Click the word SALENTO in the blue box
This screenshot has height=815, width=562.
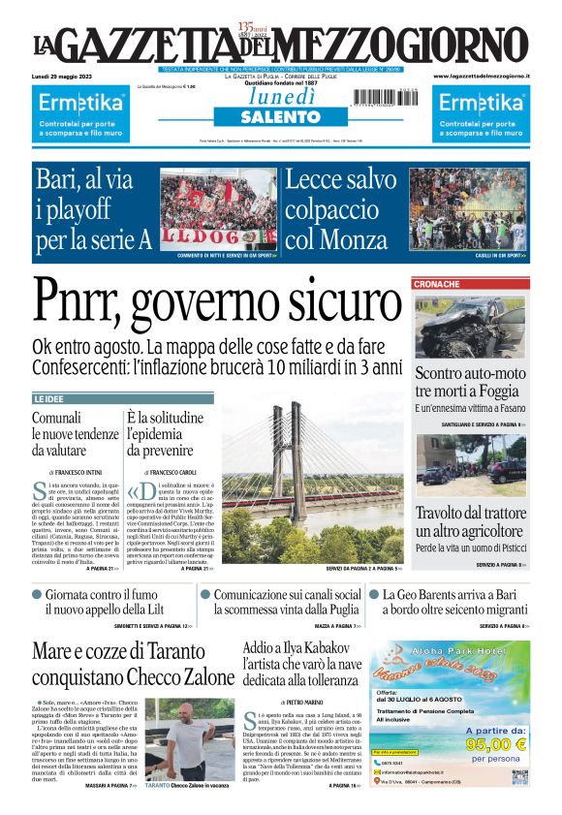280,116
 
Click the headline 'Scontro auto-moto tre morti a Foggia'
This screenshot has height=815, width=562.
470,381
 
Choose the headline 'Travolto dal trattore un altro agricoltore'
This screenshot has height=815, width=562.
470,522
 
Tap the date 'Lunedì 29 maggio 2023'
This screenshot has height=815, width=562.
60,76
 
